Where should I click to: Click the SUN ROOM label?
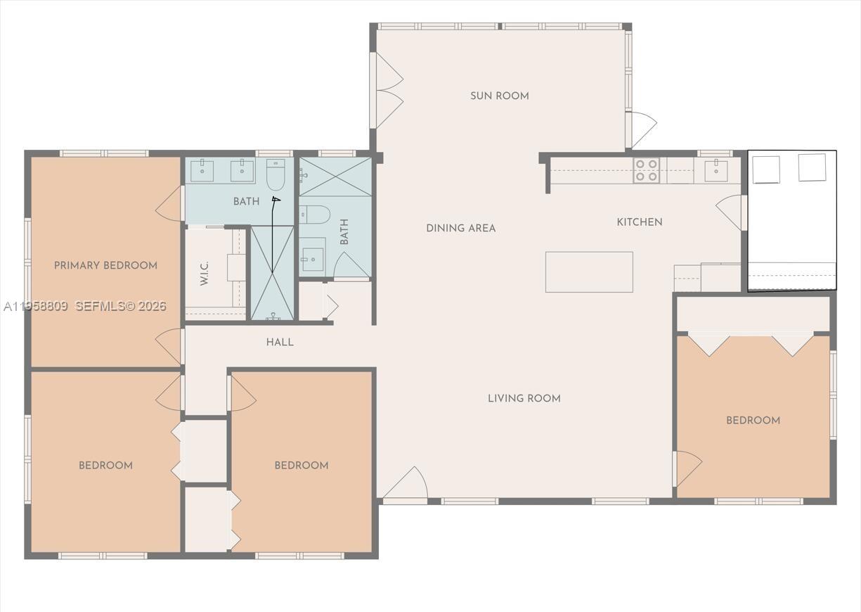pyautogui.click(x=499, y=96)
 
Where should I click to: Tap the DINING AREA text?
pyautogui.click(x=460, y=228)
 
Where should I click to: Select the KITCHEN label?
pyautogui.click(x=639, y=222)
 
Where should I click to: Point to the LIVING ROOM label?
pyautogui.click(x=524, y=398)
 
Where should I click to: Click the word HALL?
pyautogui.click(x=280, y=343)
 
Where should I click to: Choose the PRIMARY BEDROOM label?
pyautogui.click(x=105, y=265)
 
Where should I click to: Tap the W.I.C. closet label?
pyautogui.click(x=205, y=273)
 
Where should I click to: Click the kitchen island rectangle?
pyautogui.click(x=589, y=272)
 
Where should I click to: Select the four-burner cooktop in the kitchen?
pyautogui.click(x=647, y=170)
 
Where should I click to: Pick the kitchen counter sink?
pyautogui.click(x=716, y=170)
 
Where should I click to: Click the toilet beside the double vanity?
pyautogui.click(x=276, y=174)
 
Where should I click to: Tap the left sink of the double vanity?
pyautogui.click(x=202, y=170)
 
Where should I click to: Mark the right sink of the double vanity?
pyautogui.click(x=242, y=170)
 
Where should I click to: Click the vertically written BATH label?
pyautogui.click(x=344, y=232)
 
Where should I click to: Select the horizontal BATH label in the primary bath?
pyautogui.click(x=246, y=202)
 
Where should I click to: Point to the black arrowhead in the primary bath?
pyautogui.click(x=276, y=200)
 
